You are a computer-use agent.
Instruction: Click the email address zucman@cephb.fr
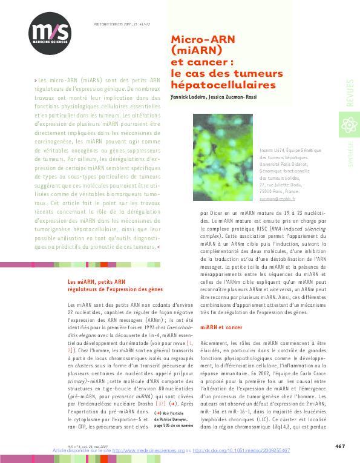click(277, 199)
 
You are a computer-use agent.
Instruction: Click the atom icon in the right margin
click(349, 125)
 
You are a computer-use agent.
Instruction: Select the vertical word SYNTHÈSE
click(349, 151)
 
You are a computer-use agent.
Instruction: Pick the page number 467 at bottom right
click(340, 445)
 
